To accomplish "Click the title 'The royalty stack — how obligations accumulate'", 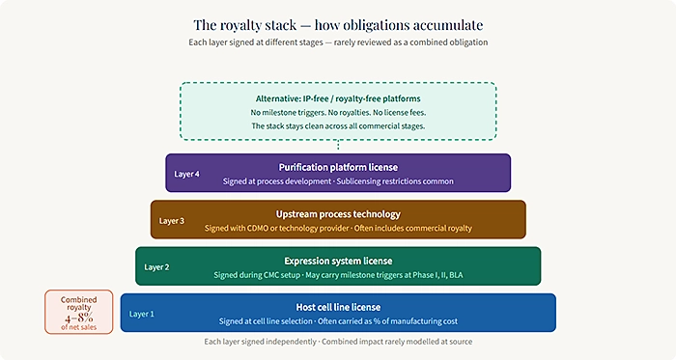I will point(337,23).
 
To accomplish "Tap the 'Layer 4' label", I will point(186,175).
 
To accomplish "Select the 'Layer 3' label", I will point(171,221).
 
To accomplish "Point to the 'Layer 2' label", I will point(155,267).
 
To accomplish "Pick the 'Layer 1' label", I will point(141,314).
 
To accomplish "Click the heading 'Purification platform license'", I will point(338,167).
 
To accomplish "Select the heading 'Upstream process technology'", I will point(338,213).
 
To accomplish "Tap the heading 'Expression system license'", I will point(338,261).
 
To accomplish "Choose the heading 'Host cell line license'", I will point(338,306).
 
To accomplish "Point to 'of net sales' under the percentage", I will point(79,327).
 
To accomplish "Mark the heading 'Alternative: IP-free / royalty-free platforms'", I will point(338,97).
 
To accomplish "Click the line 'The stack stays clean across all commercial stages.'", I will point(338,125).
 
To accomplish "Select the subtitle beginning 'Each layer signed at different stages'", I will point(337,42).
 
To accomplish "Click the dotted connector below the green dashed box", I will point(338,146).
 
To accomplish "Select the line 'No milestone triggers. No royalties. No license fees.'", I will point(338,112).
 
